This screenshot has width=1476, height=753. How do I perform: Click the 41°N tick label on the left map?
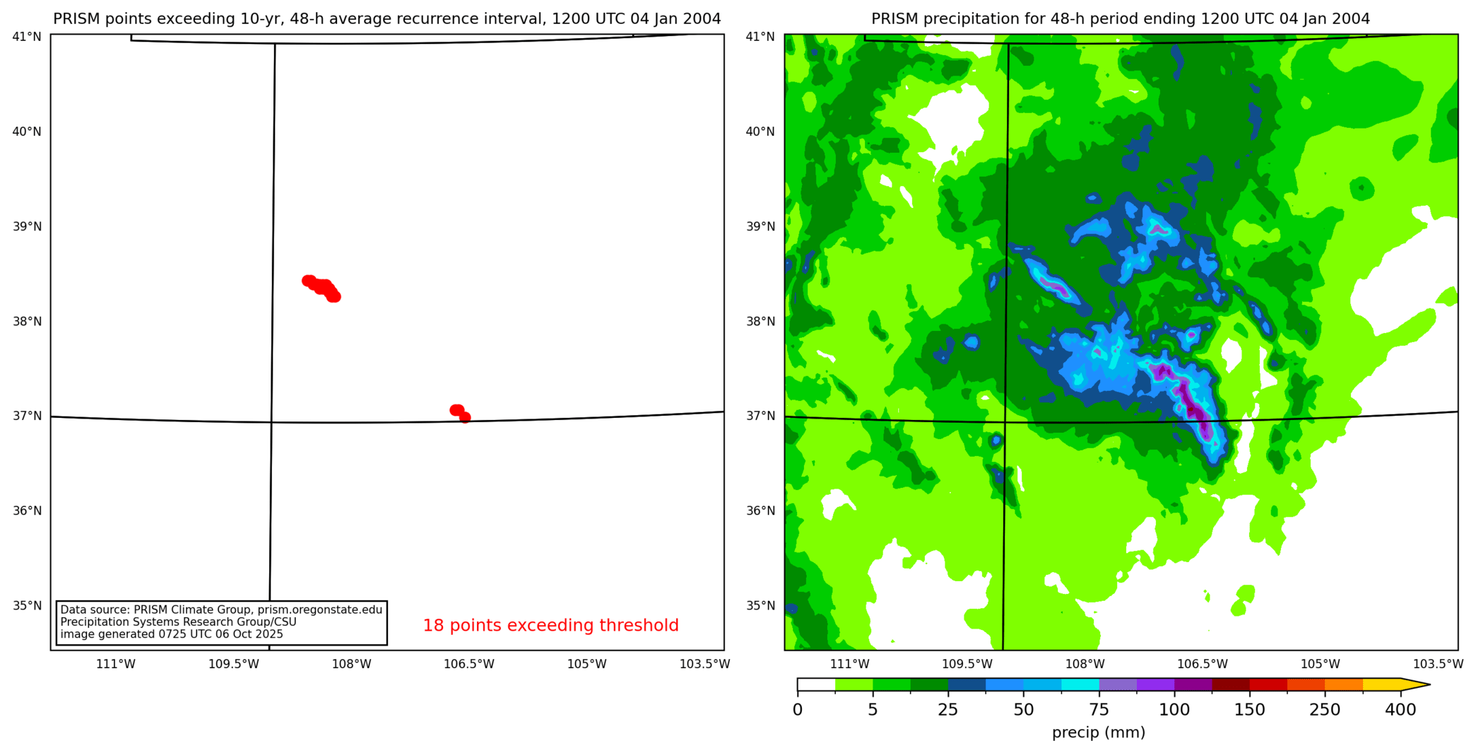[27, 37]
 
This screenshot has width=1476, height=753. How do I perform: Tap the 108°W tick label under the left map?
[351, 664]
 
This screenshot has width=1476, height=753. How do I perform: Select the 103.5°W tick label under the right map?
[1438, 664]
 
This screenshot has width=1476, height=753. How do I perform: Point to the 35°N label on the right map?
[760, 606]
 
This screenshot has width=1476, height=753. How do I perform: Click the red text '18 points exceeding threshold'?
[550, 626]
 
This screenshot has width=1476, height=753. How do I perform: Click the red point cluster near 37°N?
[459, 413]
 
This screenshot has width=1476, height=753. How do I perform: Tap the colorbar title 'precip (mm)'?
[1098, 733]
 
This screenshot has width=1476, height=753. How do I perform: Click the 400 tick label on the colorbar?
[1400, 710]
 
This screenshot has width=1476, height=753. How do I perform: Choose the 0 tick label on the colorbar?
[798, 710]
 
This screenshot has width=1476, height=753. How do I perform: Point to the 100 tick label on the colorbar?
[1174, 710]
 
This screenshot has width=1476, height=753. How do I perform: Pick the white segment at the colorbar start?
[816, 684]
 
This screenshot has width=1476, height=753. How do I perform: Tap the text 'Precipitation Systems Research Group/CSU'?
[178, 622]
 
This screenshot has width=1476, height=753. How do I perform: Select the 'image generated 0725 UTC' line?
[172, 634]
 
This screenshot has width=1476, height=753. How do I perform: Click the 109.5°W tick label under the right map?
[967, 664]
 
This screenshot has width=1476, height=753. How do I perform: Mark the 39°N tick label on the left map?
[27, 226]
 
